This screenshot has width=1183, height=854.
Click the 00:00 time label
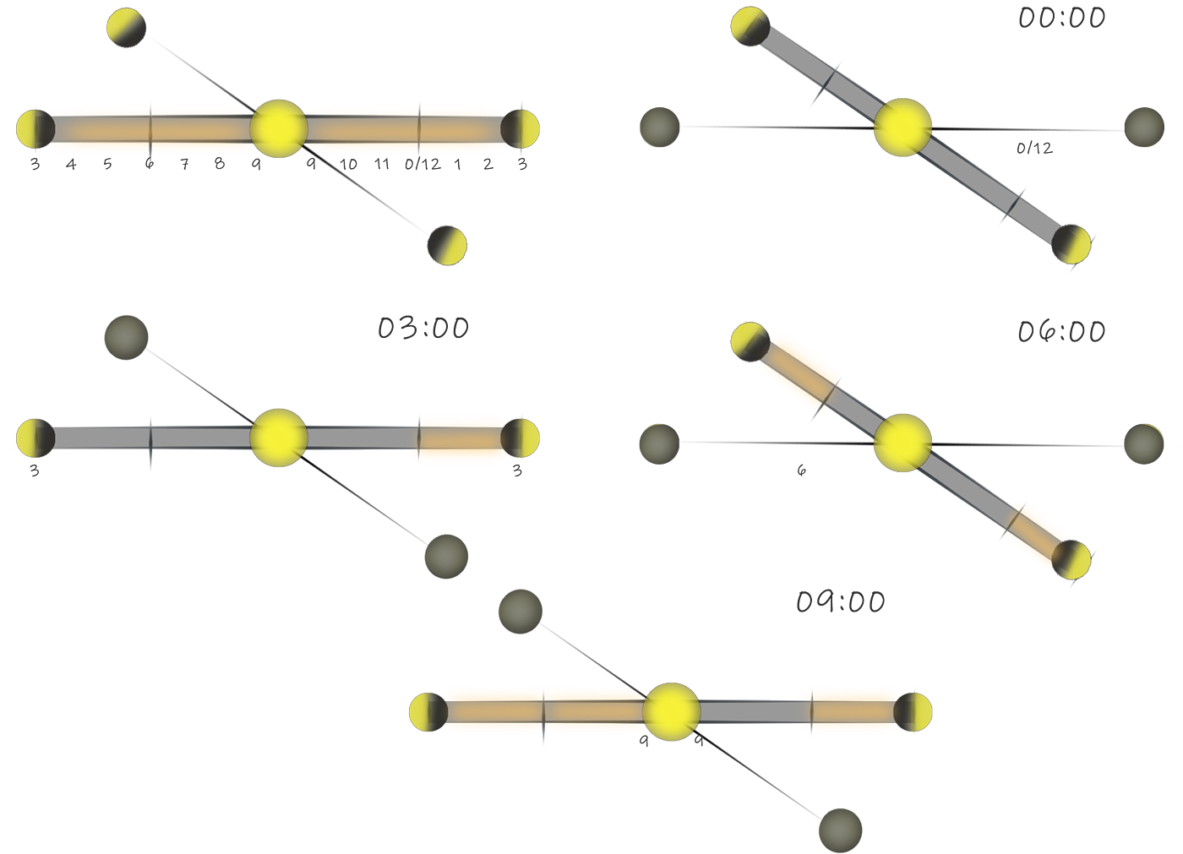point(1061,18)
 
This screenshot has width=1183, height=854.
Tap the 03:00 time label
point(422,328)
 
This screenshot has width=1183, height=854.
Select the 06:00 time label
point(1061,331)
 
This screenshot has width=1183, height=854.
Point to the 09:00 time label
point(840,602)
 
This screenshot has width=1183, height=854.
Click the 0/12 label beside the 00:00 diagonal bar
point(1034,149)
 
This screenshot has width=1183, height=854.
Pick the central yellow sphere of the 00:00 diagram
point(902,127)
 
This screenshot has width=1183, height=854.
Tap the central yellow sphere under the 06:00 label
point(902,442)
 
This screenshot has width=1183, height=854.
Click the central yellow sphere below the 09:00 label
point(671,711)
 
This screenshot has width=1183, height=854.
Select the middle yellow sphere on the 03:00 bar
point(278,438)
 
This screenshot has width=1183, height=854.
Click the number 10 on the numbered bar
point(348,165)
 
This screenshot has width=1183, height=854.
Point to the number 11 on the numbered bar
point(382,165)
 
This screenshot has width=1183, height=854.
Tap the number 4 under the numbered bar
point(71,165)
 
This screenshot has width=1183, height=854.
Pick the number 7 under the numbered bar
point(184,165)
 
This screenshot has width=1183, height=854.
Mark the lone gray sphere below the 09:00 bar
point(840,830)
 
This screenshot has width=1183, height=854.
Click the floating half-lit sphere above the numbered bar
point(126,28)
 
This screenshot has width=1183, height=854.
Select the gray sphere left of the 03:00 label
point(126,337)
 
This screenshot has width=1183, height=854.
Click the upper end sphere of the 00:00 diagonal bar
point(750,26)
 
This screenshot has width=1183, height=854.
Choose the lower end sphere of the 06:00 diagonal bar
point(1072,559)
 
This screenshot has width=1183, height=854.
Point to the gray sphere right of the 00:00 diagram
point(1145,127)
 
